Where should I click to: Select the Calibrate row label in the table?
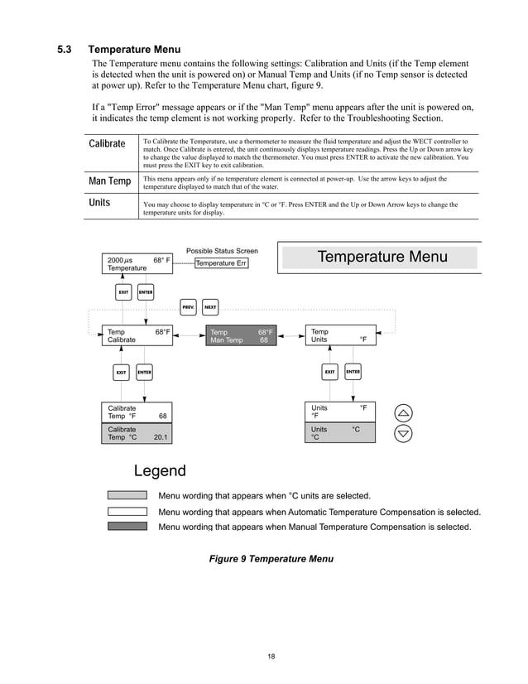107,144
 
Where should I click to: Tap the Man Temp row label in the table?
109,181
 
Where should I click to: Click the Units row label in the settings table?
101,203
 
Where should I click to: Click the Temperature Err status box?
221,263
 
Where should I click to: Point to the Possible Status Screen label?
222,251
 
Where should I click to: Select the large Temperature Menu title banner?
381,257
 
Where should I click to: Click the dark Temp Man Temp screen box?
239,335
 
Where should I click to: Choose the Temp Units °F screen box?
340,335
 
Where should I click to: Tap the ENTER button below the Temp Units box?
353,372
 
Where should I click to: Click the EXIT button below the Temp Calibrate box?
121,373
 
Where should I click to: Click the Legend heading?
160,471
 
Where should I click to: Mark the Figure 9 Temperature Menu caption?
271,559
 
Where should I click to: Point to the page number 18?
271,657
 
